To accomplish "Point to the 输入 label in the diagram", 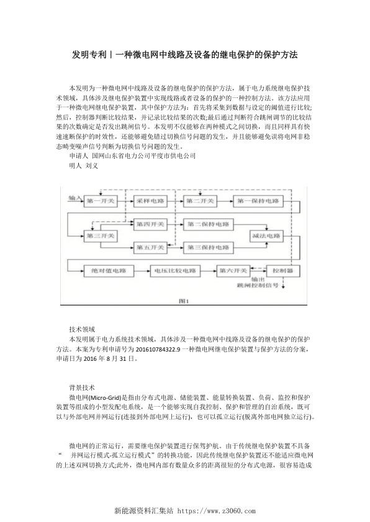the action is coord(75,198).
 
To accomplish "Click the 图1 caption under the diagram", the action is coord(184,302).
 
